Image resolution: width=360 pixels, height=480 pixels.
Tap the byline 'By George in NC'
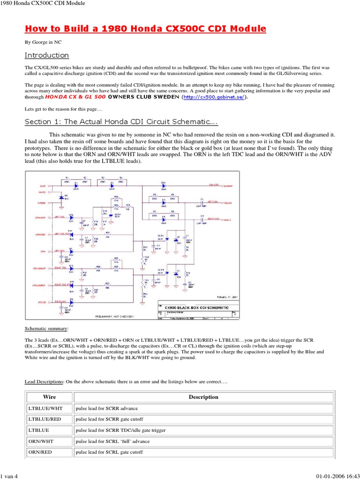tap(43, 42)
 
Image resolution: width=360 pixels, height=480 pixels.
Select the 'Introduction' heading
tap(46, 55)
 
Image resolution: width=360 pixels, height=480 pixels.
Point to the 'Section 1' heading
tap(121, 122)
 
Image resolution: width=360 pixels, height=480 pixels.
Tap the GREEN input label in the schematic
tap(42, 203)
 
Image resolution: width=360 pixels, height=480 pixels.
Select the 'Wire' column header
tap(49, 397)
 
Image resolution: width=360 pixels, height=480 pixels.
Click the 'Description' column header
tap(203, 397)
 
